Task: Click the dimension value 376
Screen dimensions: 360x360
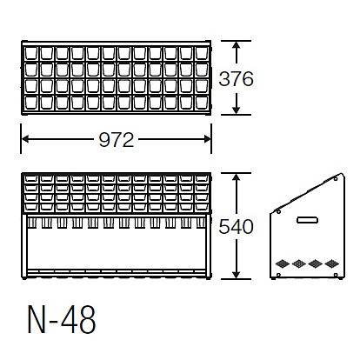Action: (236, 79)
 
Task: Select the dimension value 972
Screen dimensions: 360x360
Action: (117, 140)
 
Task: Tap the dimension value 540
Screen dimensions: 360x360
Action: (236, 227)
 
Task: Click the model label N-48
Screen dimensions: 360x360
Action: (62, 319)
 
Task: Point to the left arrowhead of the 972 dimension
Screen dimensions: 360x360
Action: (25, 139)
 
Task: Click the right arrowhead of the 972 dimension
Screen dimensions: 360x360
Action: (207, 139)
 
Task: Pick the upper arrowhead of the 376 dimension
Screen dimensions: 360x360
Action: (237, 45)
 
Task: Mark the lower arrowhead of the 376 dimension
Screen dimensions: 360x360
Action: (237, 110)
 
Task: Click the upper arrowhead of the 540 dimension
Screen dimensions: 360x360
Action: (237, 177)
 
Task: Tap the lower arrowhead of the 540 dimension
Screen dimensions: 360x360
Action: (237, 275)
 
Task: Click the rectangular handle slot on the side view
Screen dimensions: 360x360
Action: (307, 220)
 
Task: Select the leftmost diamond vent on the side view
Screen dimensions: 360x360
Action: (283, 263)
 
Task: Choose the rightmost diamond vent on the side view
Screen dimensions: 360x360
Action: (331, 263)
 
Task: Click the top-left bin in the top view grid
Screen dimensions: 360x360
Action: (31, 54)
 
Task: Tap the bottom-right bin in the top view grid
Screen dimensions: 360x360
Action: (202, 103)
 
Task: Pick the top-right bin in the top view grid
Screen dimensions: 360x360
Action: (202, 54)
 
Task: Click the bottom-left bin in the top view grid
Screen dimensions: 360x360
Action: (31, 103)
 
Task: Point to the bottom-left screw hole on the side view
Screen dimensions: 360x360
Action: (278, 275)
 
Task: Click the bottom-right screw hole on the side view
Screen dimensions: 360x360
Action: (336, 275)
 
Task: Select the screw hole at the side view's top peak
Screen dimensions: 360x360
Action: (336, 179)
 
